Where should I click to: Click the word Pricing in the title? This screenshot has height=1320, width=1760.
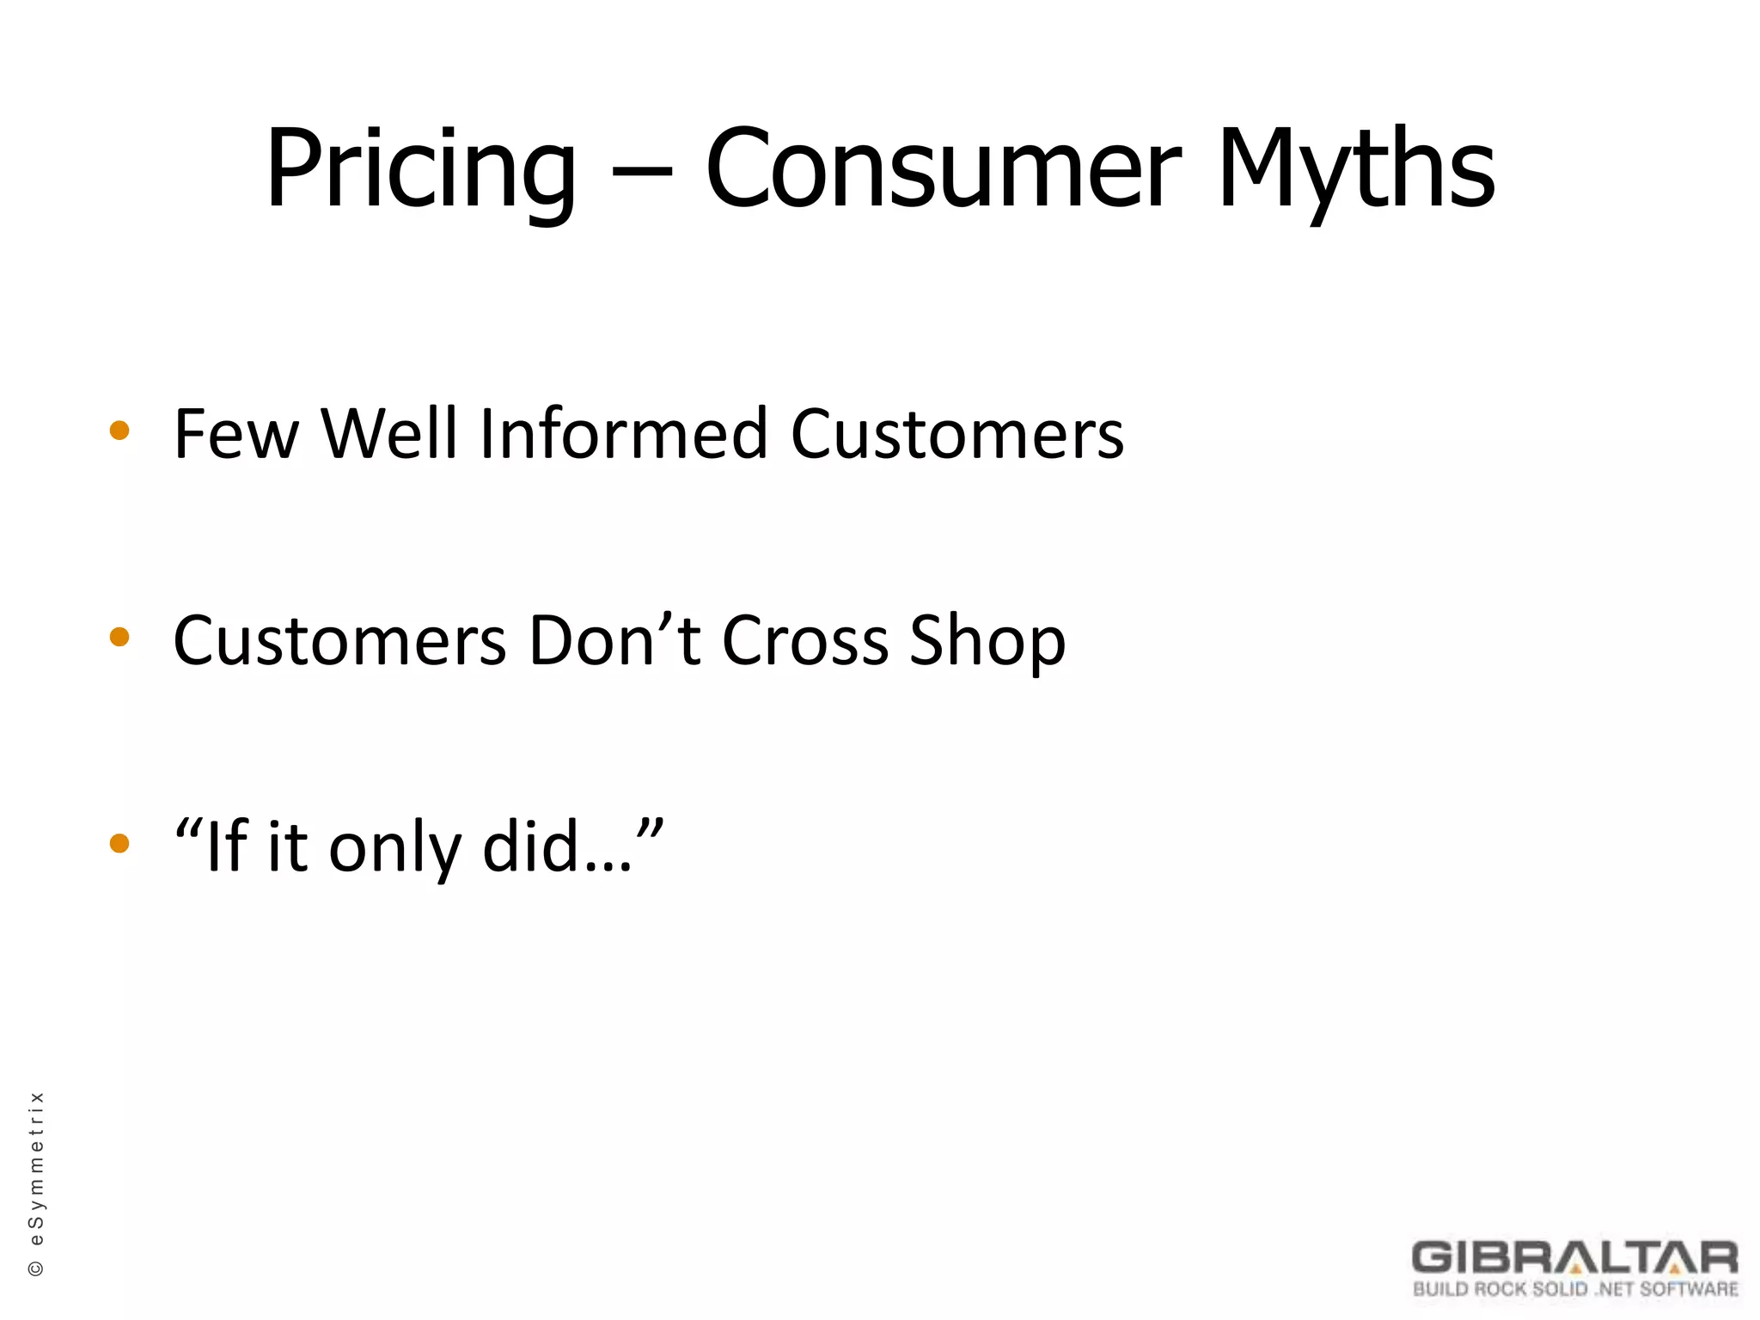pos(420,170)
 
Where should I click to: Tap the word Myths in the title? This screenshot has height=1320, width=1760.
pos(1356,170)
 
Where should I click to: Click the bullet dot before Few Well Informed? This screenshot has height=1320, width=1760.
pos(119,431)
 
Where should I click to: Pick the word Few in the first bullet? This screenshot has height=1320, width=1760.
pos(235,435)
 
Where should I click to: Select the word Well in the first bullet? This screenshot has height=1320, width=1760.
pos(388,435)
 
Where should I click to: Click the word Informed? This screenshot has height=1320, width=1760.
pos(623,435)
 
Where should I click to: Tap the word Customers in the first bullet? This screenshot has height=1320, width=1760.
pos(956,435)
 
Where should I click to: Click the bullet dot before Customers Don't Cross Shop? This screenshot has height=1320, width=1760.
pos(119,638)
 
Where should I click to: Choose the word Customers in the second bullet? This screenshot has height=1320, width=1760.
pos(339,641)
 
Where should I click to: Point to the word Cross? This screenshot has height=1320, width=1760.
pos(804,641)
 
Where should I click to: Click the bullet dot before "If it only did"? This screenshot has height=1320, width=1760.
pos(119,844)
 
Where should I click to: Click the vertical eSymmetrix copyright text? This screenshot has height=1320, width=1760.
pos(37,1184)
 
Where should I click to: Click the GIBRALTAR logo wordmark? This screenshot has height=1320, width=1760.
pos(1574,1257)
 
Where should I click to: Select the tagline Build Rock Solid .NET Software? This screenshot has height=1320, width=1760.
pos(1575,1289)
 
